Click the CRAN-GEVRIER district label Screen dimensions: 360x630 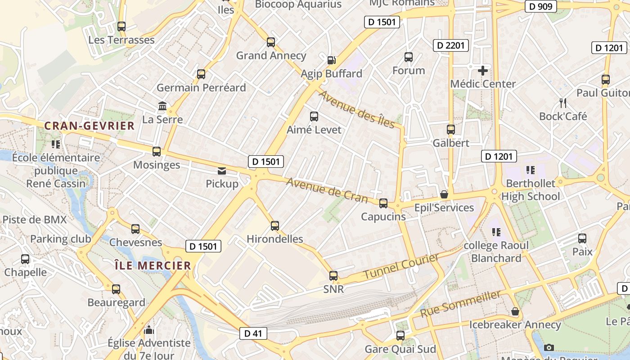point(90,126)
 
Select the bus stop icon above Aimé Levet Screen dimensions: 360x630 point(314,117)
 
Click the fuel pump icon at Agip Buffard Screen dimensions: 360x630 point(331,60)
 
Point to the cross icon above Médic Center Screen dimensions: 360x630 point(483,71)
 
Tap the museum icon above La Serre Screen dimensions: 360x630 point(162,106)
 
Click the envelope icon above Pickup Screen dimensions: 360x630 point(222,171)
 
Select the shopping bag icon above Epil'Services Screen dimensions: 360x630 point(444,194)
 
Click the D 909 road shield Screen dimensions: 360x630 point(541,7)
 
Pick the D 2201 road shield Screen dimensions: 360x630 point(450,45)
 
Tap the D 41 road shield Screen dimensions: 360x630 point(253,333)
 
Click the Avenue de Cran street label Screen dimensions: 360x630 point(327,190)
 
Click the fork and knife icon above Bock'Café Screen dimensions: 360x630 point(562,103)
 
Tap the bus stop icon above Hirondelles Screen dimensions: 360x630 point(275,226)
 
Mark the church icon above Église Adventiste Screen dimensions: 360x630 point(149,331)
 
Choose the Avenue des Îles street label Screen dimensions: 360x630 point(357,109)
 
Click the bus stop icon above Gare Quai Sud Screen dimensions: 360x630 point(400,336)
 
